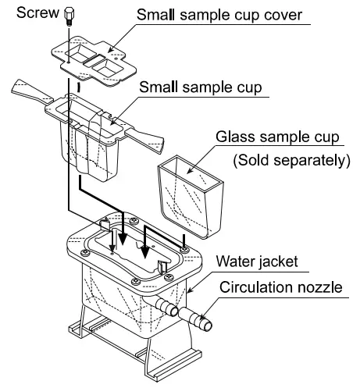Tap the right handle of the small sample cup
[x=148, y=141]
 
